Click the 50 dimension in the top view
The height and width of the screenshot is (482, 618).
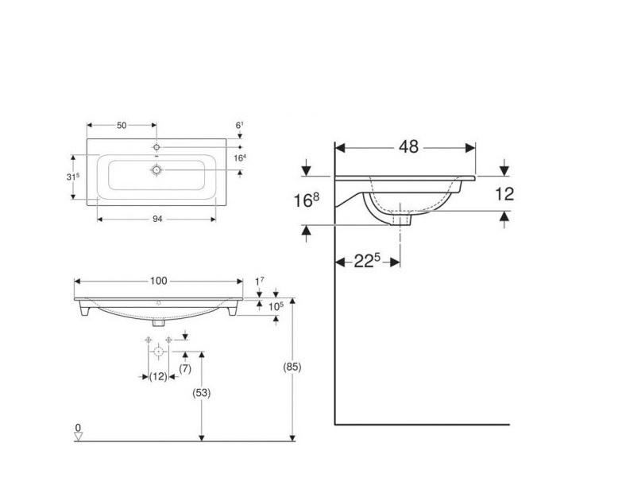(122, 126)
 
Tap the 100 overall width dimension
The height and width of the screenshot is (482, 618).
(158, 281)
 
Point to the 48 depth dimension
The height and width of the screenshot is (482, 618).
(409, 147)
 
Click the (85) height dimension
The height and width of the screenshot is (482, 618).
(292, 367)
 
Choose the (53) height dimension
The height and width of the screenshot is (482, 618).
(202, 394)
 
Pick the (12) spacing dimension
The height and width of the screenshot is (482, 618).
(158, 376)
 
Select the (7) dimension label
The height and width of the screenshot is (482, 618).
(184, 368)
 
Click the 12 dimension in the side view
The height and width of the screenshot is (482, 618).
(504, 193)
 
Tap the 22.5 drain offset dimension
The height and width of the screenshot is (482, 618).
(366, 261)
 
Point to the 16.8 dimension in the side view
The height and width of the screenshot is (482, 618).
(306, 199)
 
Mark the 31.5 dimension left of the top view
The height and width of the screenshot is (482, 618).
(73, 176)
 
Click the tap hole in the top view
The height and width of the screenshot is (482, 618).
(156, 148)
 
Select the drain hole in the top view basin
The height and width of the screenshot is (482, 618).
(156, 169)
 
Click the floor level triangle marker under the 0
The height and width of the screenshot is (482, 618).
(78, 437)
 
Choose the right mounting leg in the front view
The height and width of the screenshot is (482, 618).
(231, 312)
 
